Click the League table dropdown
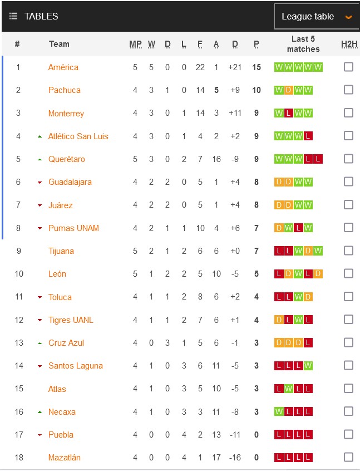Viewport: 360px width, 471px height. click(x=315, y=17)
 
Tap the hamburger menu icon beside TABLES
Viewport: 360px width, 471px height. click(x=13, y=16)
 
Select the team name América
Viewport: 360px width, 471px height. click(x=63, y=67)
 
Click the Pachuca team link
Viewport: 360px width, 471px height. click(x=65, y=90)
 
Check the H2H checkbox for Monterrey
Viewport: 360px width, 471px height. click(x=348, y=113)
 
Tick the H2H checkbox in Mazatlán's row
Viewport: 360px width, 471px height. click(x=348, y=457)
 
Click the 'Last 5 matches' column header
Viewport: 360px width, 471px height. click(x=303, y=44)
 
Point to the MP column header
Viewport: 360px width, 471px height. click(x=135, y=44)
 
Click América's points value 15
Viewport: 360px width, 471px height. click(x=257, y=67)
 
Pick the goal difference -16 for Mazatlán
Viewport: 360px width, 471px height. click(x=235, y=458)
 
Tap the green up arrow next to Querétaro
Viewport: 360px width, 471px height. click(x=40, y=159)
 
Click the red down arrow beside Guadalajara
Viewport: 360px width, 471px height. click(x=40, y=183)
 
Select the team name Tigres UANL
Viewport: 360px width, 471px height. click(x=71, y=320)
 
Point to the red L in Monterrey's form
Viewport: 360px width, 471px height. click(x=288, y=114)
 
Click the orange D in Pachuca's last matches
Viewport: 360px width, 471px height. click(x=288, y=90)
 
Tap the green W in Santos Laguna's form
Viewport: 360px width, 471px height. click(x=308, y=366)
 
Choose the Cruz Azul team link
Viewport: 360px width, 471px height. click(x=66, y=343)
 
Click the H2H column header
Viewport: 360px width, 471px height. click(x=348, y=44)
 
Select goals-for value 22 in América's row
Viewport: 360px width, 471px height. click(x=200, y=67)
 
